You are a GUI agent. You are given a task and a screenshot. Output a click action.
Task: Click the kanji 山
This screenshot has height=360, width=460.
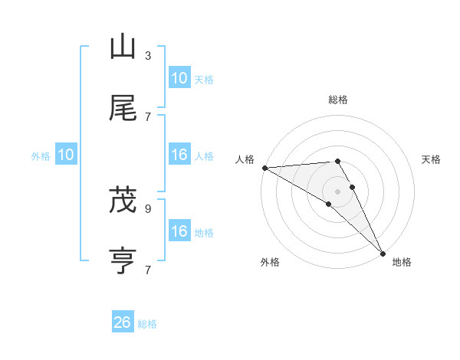click(x=123, y=47)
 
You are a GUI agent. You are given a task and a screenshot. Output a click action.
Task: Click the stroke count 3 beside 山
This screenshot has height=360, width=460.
click(x=148, y=56)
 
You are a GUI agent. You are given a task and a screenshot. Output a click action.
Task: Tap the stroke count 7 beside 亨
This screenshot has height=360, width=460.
click(x=148, y=270)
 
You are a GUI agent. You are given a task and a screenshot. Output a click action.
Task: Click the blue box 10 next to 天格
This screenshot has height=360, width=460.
click(x=179, y=78)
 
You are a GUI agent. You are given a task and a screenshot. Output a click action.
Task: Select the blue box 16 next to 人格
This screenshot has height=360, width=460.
click(x=179, y=155)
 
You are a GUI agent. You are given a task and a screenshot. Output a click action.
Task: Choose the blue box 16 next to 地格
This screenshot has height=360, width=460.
click(x=179, y=231)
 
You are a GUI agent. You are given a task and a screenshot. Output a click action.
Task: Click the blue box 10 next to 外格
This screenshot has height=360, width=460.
click(x=66, y=155)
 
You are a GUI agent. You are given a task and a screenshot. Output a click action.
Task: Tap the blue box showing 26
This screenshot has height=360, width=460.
click(x=123, y=322)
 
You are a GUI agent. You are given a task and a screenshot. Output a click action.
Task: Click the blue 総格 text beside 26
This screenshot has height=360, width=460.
click(x=147, y=324)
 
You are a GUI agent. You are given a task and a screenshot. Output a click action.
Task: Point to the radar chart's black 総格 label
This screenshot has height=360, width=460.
click(x=338, y=100)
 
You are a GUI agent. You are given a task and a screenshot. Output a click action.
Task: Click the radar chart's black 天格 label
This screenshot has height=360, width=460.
click(x=432, y=159)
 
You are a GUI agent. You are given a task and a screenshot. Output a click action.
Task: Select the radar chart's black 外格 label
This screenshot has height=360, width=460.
click(x=269, y=262)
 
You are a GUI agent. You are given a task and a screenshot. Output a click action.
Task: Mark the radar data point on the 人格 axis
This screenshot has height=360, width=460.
click(x=264, y=168)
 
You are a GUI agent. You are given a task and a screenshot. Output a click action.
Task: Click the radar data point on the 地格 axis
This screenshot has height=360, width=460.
click(x=383, y=253)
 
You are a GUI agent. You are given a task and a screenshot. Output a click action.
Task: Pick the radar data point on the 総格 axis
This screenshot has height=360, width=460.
click(x=338, y=161)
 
